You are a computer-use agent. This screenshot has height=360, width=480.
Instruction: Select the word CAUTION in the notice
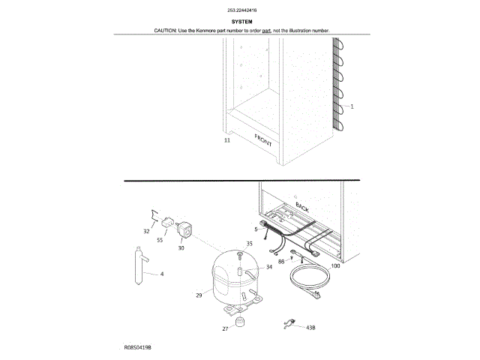(165, 31)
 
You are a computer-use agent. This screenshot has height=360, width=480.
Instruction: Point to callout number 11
(227, 140)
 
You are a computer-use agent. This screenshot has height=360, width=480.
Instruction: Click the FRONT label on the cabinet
(265, 139)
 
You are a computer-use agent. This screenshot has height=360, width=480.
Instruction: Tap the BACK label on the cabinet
(302, 205)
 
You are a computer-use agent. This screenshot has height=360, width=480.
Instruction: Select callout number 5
(255, 229)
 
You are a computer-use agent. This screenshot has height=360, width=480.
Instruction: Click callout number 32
(147, 232)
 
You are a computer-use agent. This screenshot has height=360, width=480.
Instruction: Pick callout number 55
(160, 241)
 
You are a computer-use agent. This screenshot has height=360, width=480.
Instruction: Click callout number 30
(181, 248)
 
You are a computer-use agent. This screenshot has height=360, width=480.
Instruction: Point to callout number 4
(161, 274)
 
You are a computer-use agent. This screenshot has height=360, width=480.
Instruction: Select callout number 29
(199, 295)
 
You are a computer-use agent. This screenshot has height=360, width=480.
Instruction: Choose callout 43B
(310, 328)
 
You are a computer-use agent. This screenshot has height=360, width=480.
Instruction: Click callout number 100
(335, 266)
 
